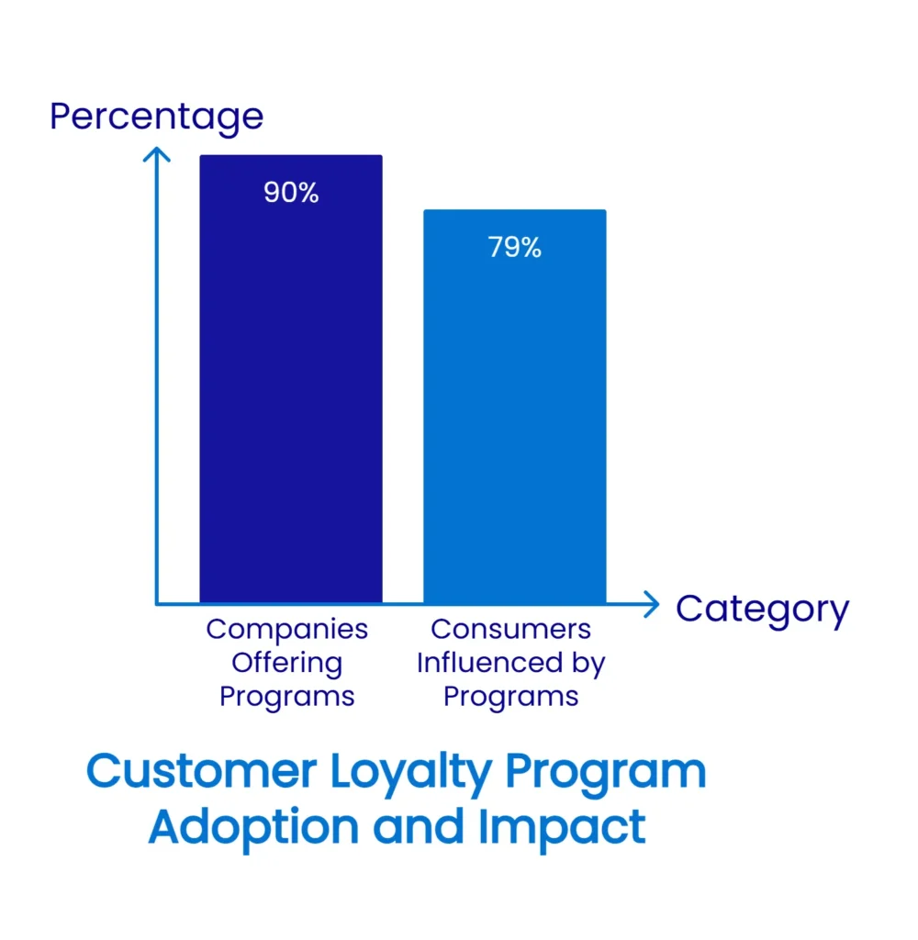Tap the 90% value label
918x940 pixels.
291,193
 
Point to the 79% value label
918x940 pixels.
514,248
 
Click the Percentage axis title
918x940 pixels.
156,117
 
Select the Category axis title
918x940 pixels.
762,609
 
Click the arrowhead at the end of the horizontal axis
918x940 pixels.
651,604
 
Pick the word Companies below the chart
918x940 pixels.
286,630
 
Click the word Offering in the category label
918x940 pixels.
286,663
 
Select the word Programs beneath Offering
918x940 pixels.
286,697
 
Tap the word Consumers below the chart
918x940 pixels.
511,630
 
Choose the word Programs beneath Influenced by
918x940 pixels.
511,697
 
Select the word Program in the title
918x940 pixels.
606,774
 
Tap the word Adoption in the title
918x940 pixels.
254,827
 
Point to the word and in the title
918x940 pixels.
419,827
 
